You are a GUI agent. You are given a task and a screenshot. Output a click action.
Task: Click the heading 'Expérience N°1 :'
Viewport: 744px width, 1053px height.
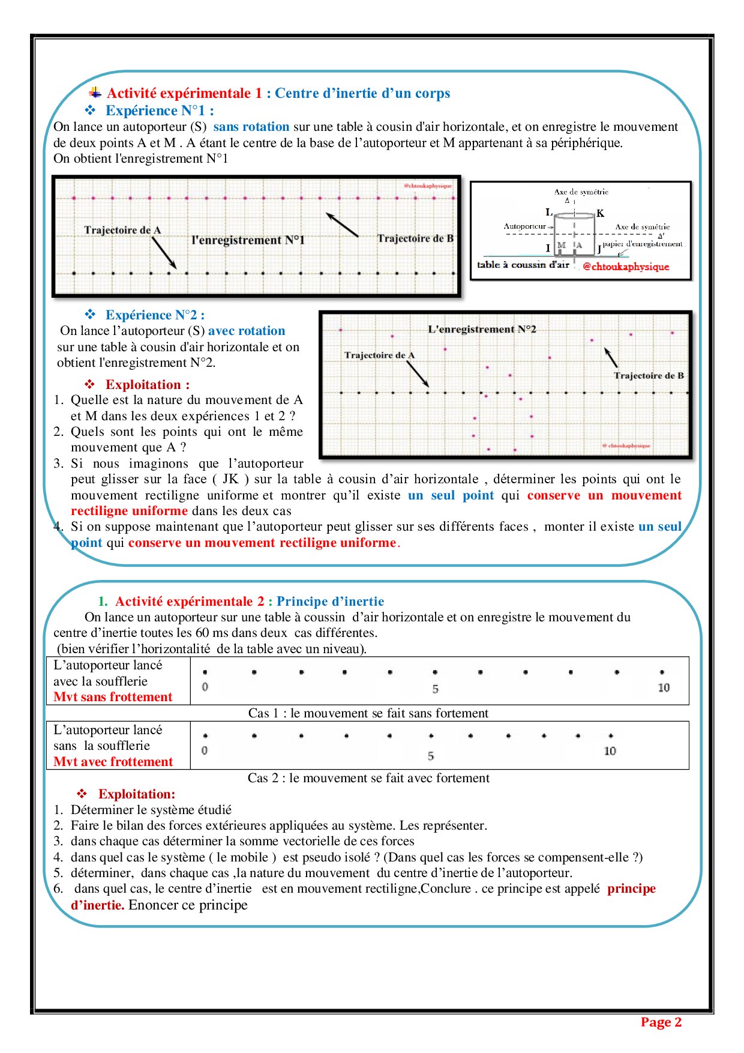click(159, 110)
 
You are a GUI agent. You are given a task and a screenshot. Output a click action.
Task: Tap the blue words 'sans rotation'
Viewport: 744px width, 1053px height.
click(251, 127)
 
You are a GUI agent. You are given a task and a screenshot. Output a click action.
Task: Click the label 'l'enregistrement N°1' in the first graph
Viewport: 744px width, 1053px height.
click(248, 240)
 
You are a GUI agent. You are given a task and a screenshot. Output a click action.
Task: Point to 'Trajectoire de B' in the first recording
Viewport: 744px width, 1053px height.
click(415, 238)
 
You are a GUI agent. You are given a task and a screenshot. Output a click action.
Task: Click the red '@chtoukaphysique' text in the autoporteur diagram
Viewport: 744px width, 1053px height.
click(626, 267)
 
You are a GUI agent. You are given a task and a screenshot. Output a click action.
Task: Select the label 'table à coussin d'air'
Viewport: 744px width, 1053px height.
click(523, 265)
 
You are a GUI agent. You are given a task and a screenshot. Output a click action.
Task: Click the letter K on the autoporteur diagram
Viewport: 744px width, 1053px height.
click(600, 213)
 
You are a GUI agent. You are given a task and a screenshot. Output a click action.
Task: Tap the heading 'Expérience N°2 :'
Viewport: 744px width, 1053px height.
click(155, 315)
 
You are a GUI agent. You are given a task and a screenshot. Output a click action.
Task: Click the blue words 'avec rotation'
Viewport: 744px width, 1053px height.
click(247, 331)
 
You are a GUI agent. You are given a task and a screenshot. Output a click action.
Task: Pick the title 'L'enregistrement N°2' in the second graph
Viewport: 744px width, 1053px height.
click(482, 329)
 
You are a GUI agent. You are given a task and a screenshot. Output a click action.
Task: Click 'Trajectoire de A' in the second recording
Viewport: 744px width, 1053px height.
click(379, 355)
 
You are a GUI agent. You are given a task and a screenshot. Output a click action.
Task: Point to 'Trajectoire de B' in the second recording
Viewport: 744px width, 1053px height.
click(649, 376)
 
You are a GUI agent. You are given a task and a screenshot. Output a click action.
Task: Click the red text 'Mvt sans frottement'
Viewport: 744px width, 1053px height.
click(113, 697)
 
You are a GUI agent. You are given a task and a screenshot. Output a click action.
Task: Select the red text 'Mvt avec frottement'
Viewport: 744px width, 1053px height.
click(113, 762)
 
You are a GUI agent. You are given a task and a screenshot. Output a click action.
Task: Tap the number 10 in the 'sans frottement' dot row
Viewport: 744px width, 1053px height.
click(664, 688)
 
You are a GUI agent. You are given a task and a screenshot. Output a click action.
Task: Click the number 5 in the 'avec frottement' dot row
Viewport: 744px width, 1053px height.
click(431, 756)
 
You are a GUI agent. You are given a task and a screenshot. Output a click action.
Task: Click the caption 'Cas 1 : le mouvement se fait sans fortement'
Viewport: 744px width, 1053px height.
click(368, 713)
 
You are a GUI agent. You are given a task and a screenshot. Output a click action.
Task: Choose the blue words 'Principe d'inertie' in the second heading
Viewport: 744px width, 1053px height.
click(330, 602)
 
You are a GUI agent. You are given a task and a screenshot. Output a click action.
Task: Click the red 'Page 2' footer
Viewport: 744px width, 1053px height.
click(661, 1022)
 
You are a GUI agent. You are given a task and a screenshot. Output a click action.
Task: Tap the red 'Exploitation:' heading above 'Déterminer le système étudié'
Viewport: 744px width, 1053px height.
click(137, 794)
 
